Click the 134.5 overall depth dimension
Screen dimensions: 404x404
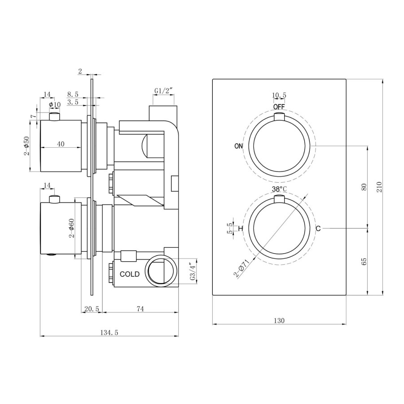(x=109, y=333)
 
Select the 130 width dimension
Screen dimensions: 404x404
(x=279, y=321)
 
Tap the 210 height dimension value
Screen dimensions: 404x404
(x=379, y=187)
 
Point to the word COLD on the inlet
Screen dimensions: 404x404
(x=130, y=274)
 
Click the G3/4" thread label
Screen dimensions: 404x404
(x=193, y=272)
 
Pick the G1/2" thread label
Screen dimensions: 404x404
(x=163, y=91)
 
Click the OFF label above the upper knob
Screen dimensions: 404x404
(x=279, y=106)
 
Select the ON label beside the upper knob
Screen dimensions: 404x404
(x=239, y=146)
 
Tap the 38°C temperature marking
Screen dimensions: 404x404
(x=279, y=189)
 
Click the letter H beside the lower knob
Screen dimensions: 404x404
(x=241, y=228)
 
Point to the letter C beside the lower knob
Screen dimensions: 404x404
(x=318, y=228)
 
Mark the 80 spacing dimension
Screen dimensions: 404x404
(x=364, y=187)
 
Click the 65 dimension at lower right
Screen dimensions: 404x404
(x=364, y=262)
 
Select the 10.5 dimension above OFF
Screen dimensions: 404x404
(x=279, y=95)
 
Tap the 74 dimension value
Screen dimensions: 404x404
(x=140, y=309)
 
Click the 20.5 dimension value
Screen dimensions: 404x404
(x=92, y=309)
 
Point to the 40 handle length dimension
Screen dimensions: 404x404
(x=61, y=144)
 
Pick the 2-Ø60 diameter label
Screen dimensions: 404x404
(x=71, y=228)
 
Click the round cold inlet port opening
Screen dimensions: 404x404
(x=161, y=271)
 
